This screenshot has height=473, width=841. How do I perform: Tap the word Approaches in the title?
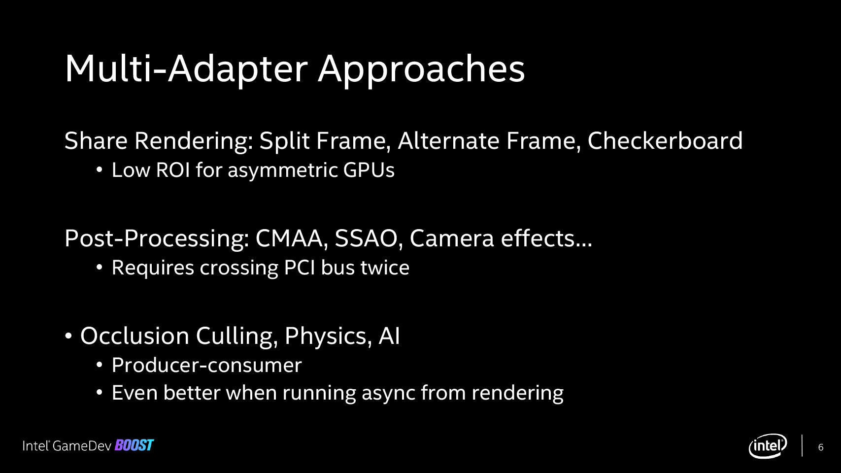point(421,70)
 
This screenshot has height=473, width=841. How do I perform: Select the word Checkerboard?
point(665,140)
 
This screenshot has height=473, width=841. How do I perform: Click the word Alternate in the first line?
point(448,140)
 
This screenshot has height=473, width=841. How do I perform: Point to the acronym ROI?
point(173,169)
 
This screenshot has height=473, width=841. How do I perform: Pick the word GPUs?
point(369,169)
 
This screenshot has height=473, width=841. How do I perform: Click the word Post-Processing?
point(157,238)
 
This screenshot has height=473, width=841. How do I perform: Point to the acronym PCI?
point(299,267)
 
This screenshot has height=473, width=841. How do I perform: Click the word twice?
point(385,267)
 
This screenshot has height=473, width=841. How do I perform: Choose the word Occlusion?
point(135,336)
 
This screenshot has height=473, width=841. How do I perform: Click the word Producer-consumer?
point(206,365)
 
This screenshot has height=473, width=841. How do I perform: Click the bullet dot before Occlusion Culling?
point(68,336)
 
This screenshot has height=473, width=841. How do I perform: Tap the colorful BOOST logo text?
point(134,445)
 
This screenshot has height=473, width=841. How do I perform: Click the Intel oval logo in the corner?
point(768,445)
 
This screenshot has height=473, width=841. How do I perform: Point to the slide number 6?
point(821,447)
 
